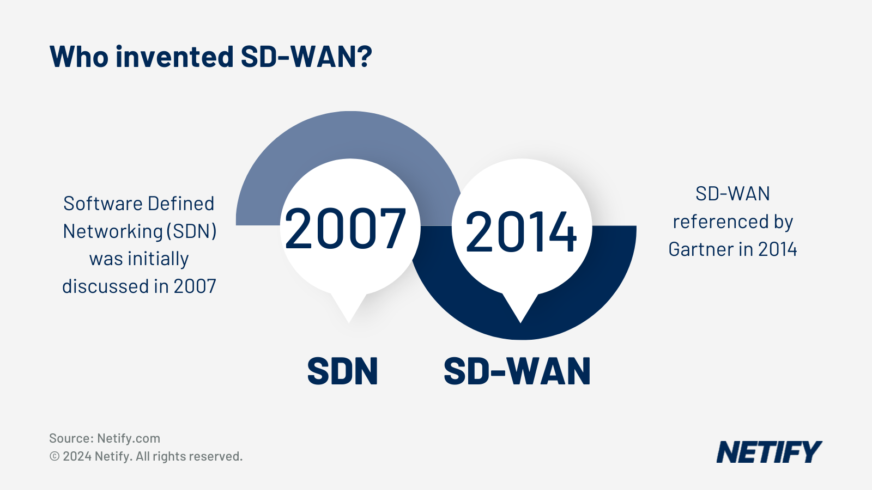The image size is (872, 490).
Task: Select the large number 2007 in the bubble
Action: tap(345, 229)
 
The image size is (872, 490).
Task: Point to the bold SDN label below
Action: tap(342, 372)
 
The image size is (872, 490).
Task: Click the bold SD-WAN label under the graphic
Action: tap(517, 372)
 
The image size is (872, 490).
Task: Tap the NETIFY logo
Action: tap(768, 452)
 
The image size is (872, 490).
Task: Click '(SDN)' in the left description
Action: tap(191, 231)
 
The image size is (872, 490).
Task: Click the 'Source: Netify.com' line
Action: tap(105, 438)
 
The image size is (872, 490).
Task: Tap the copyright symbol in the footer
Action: tap(55, 456)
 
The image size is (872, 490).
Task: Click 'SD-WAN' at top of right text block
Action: tap(732, 194)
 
